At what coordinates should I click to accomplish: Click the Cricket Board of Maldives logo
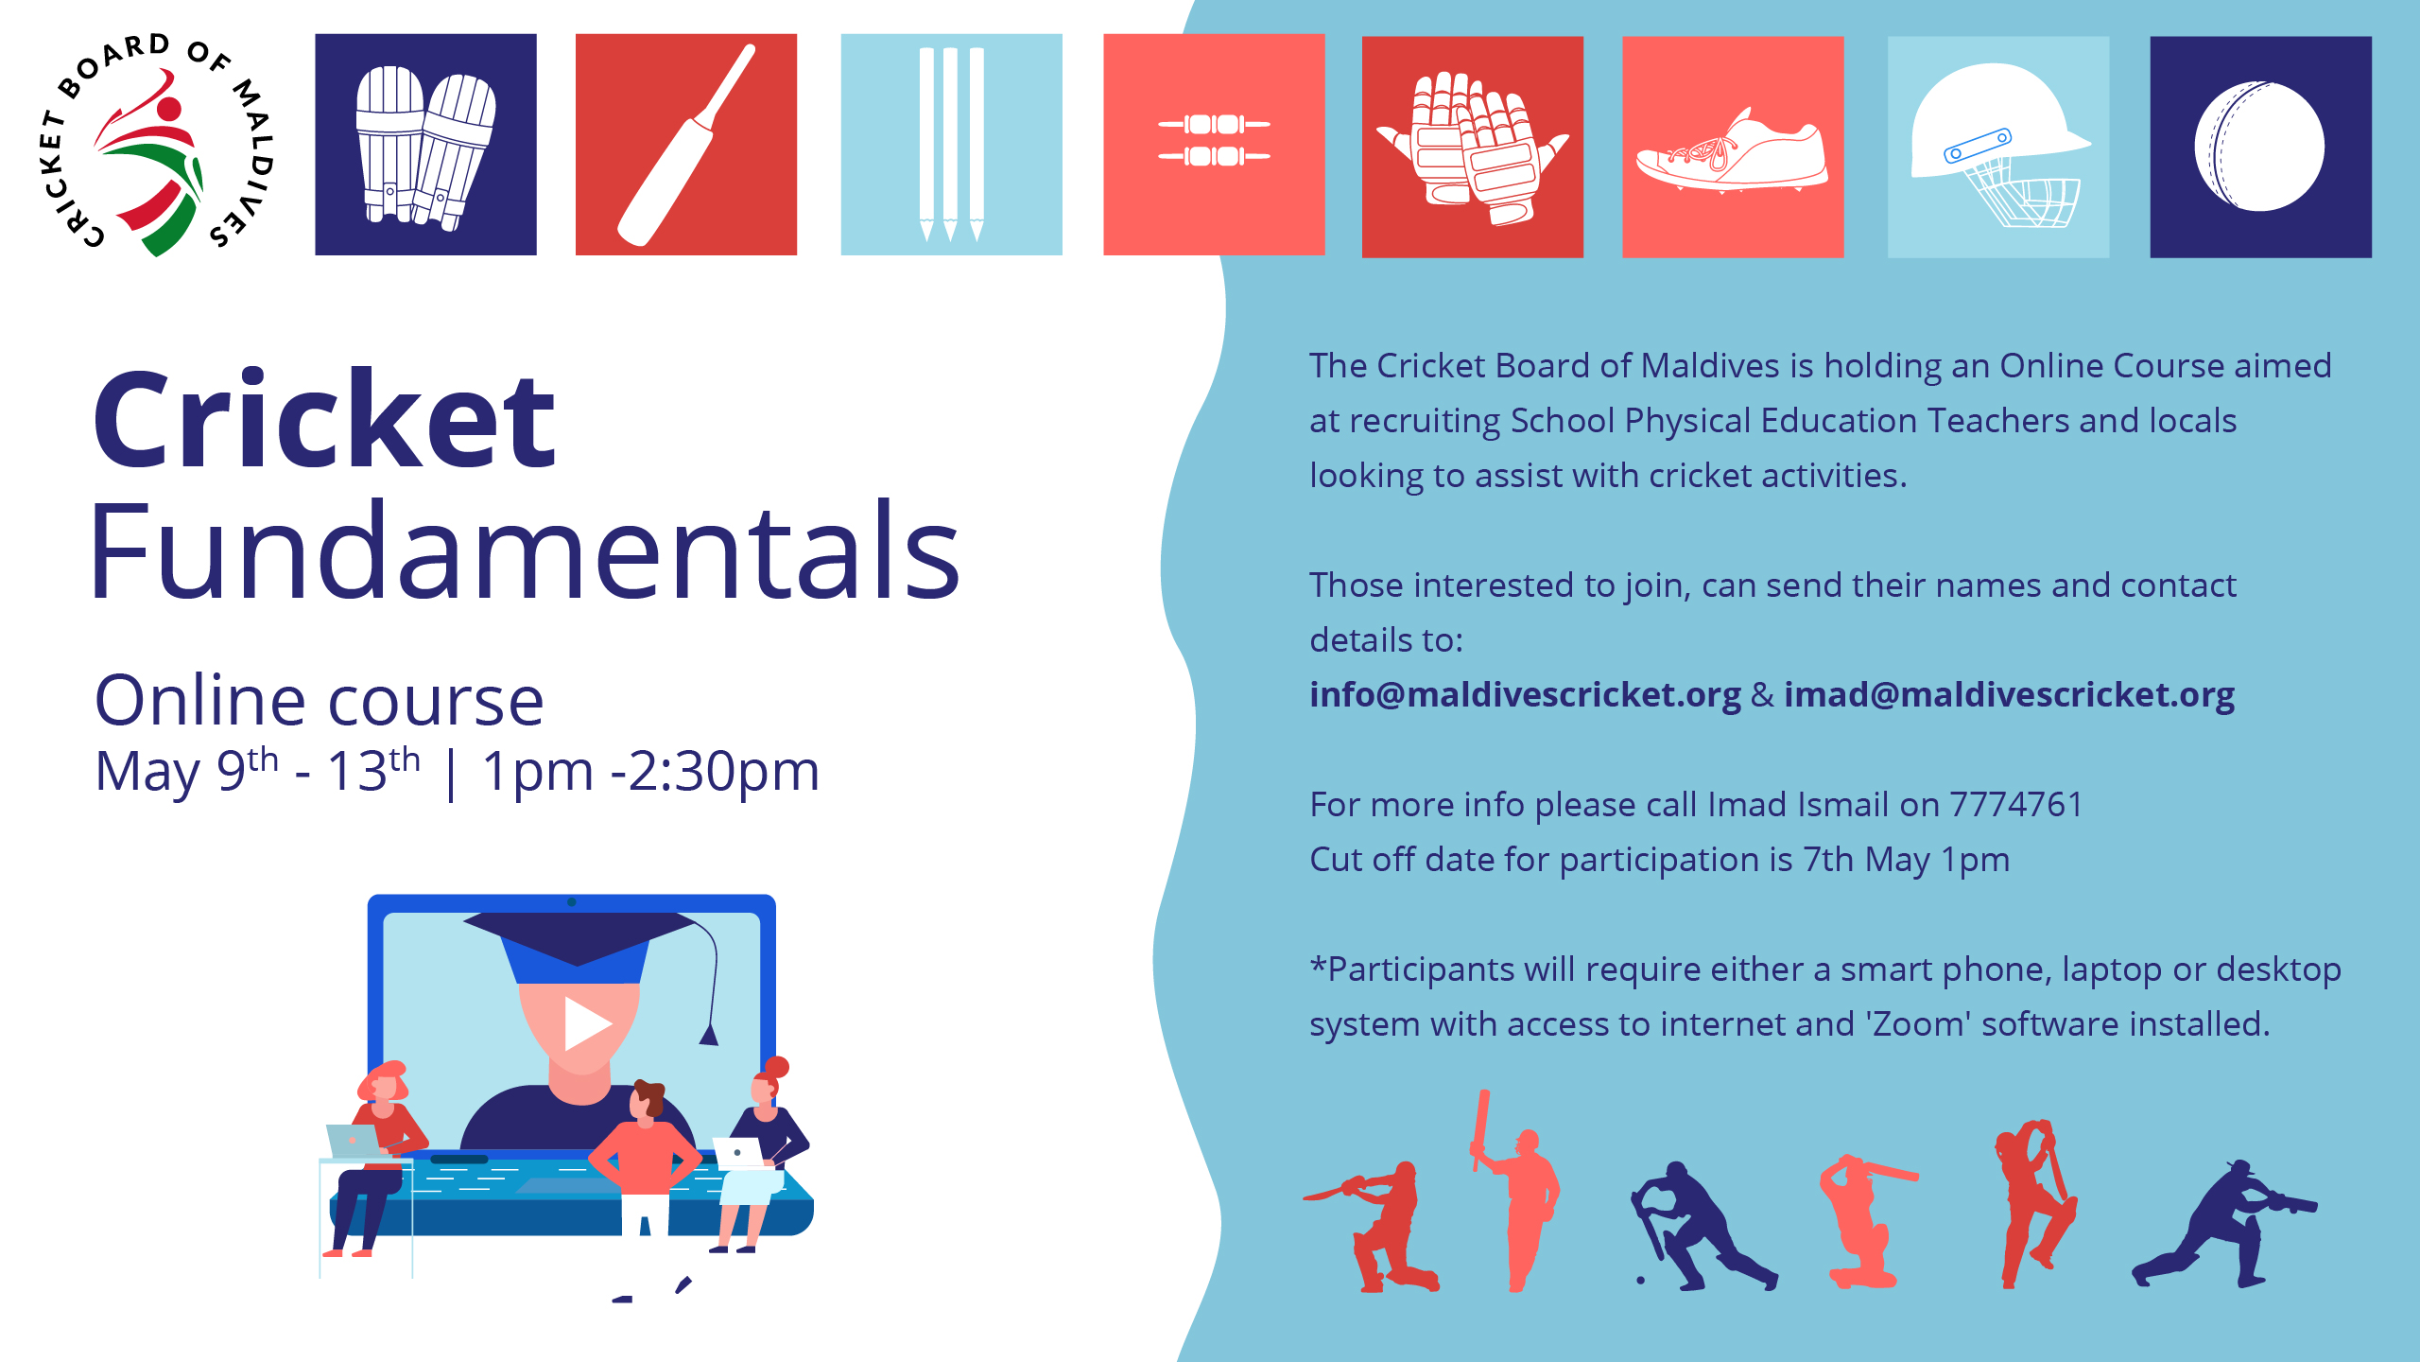click(157, 144)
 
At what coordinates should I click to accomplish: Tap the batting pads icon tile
click(425, 145)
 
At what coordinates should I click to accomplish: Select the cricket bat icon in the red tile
click(686, 145)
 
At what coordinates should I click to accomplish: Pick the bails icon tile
click(1214, 145)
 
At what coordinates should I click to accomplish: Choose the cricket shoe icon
click(1732, 151)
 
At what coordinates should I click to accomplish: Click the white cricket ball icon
click(2259, 146)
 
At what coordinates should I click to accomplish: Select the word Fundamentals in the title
click(526, 550)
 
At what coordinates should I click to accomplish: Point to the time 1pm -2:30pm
click(650, 772)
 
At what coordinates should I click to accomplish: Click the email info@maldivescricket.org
click(1525, 695)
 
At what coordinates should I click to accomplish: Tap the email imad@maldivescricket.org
click(2009, 695)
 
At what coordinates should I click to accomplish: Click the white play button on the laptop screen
click(586, 1023)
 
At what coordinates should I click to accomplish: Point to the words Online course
click(320, 701)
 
